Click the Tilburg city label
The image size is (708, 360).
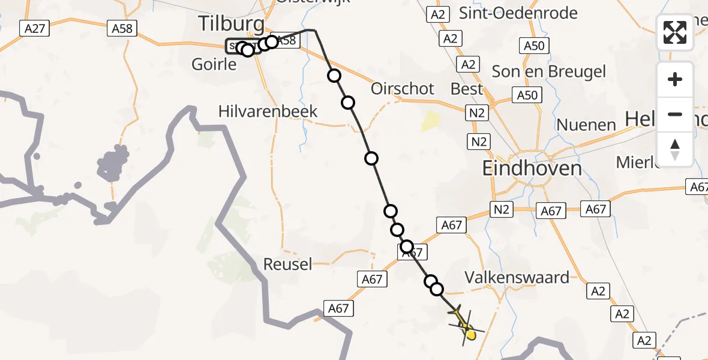point(231,25)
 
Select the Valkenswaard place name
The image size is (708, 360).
point(517,278)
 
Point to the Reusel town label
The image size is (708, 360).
point(288,264)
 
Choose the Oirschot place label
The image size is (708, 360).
point(402,89)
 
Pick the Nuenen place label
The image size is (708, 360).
point(586,125)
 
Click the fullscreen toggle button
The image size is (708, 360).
point(675,32)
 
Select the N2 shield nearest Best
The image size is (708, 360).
point(479,113)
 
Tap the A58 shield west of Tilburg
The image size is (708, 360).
point(123,28)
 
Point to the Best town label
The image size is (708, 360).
point(466,89)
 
